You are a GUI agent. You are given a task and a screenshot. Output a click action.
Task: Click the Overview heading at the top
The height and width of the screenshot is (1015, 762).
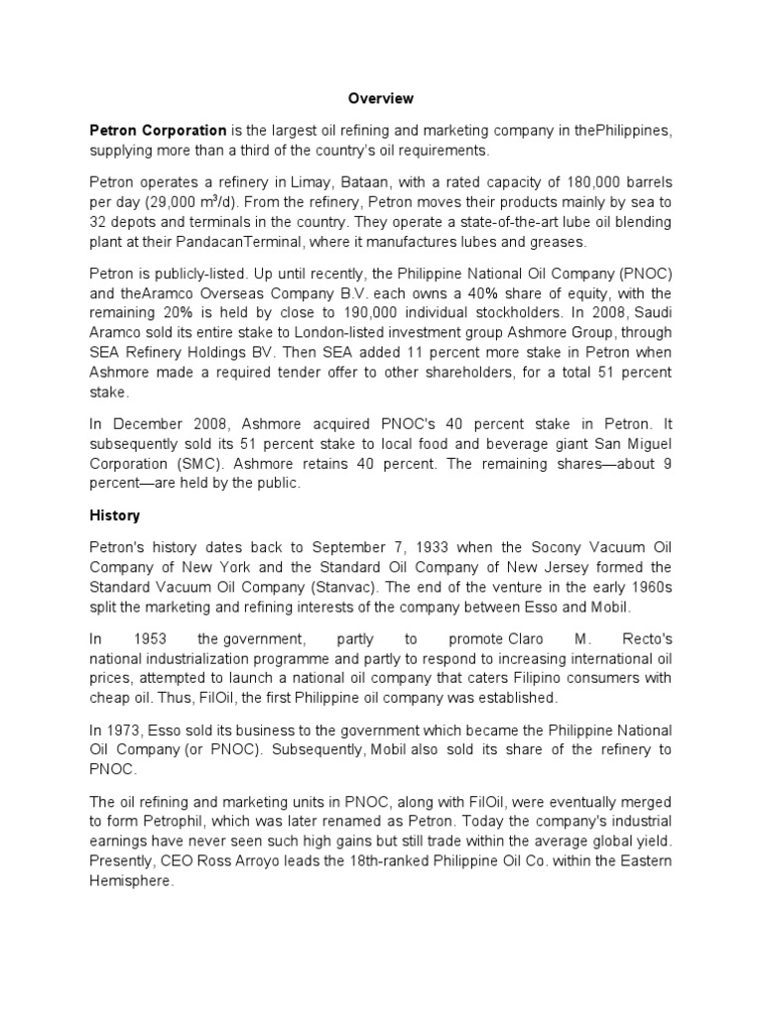pos(380,99)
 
